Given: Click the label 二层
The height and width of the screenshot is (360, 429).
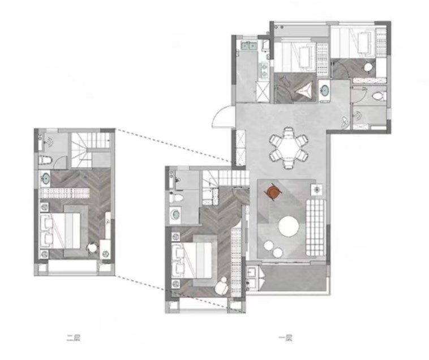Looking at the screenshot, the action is tap(74, 338).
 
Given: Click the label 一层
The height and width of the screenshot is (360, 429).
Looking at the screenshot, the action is tap(285, 338).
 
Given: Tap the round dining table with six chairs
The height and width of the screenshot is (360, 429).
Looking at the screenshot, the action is tap(289, 148).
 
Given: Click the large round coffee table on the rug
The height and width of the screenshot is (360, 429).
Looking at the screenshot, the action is tap(289, 226).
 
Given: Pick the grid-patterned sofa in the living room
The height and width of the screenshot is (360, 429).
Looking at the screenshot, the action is tap(316, 228).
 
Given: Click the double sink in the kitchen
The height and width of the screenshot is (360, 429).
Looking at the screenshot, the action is tap(248, 45).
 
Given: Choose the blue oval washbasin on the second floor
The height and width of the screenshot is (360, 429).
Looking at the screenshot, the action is tap(45, 179).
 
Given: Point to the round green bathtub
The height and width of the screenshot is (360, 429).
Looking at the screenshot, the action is tap(175, 215).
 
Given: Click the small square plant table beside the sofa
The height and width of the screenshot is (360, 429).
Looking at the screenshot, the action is tap(317, 189).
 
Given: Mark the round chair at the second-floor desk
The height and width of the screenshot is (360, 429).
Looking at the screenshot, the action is tap(92, 248).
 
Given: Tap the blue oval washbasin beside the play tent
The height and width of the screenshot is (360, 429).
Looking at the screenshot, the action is tap(325, 91).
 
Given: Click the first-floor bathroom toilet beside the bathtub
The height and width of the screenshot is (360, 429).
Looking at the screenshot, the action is tap(175, 198).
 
